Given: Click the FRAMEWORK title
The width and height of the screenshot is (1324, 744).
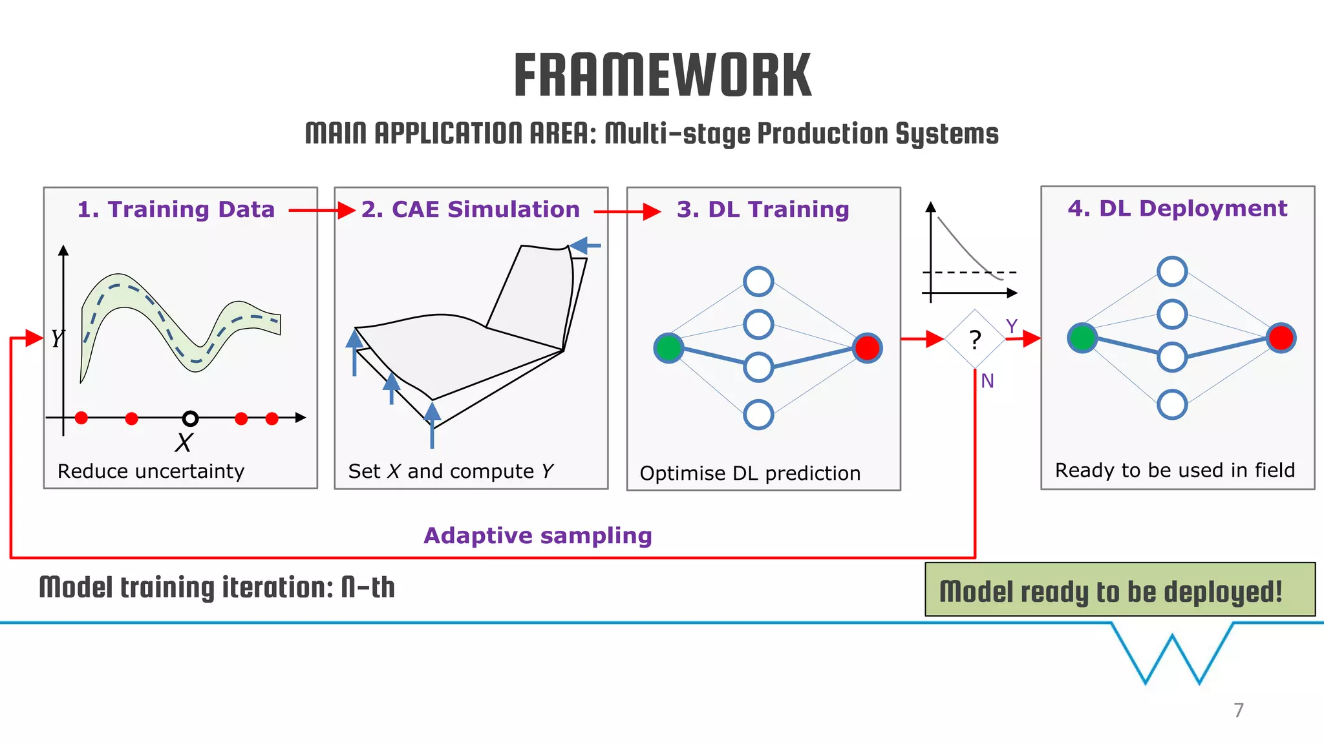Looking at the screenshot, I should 662,76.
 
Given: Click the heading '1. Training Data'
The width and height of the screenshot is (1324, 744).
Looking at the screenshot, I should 176,209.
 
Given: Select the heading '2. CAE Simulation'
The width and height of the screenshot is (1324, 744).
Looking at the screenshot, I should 470,209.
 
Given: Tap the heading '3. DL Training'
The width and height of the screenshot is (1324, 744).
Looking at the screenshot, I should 763,209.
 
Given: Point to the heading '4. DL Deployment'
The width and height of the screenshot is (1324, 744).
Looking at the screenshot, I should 1177,208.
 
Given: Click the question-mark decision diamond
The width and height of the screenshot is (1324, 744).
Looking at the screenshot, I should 975,339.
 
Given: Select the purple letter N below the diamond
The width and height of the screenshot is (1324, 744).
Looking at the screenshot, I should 987,381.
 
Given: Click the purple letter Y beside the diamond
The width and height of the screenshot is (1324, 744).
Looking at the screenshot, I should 1011,326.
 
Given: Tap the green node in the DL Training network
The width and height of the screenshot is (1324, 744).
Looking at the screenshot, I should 668,347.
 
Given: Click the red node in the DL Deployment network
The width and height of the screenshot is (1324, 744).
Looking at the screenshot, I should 1281,337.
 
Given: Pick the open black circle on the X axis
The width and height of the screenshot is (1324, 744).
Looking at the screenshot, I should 190,418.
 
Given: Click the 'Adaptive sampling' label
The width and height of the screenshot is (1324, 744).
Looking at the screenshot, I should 537,535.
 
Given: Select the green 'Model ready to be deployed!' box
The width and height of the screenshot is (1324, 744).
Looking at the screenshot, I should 1120,590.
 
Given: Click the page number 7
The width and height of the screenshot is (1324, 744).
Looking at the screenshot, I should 1238,710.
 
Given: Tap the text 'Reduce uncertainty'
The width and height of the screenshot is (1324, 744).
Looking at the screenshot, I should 151,471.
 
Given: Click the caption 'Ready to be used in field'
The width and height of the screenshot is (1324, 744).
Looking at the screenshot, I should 1175,470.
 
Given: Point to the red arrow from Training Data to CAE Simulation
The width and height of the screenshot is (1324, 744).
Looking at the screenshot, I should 321,210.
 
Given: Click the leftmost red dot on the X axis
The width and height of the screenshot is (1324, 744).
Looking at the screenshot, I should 81,418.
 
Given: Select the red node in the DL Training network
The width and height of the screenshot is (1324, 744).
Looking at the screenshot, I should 867,347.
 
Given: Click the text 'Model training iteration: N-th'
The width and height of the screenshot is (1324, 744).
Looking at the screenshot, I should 217,588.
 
